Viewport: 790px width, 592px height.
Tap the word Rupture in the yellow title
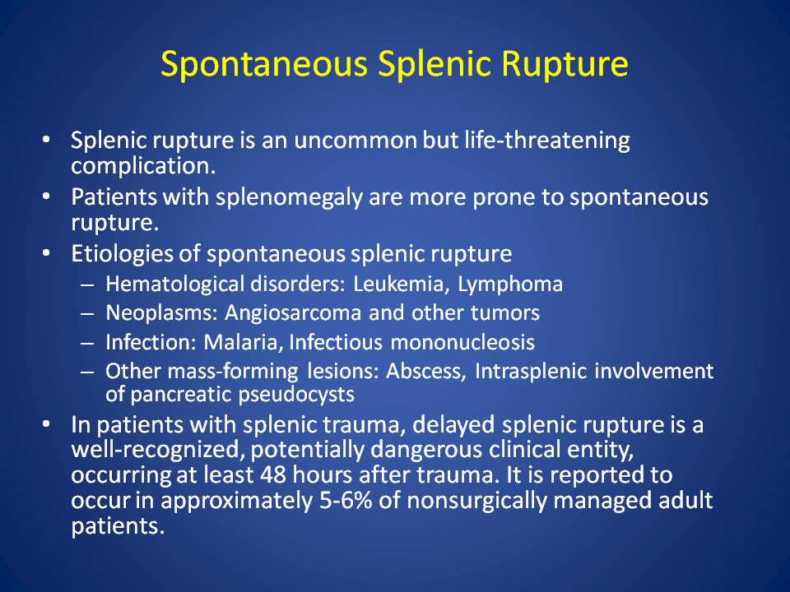coord(565,64)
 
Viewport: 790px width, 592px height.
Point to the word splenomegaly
coord(289,197)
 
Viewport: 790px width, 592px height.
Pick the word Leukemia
coord(401,284)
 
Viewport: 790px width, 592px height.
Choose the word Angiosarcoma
coord(293,313)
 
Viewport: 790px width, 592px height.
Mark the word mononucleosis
coord(462,342)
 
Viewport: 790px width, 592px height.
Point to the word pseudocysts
coord(296,395)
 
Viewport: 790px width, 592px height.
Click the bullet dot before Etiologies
coord(46,253)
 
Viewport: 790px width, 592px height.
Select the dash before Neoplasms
coord(87,314)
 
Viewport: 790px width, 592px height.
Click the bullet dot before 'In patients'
coord(46,425)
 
